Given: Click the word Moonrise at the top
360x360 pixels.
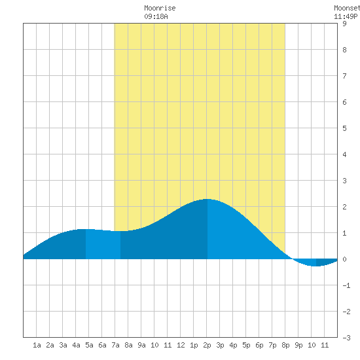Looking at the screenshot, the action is (x=160, y=8).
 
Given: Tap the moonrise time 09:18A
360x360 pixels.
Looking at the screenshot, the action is (x=156, y=16).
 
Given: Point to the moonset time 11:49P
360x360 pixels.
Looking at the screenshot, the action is (x=346, y=16).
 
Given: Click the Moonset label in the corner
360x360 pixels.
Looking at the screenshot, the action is (x=347, y=8).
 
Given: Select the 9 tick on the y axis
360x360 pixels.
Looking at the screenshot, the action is (x=344, y=24).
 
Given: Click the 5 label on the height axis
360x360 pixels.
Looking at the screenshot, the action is (x=344, y=128).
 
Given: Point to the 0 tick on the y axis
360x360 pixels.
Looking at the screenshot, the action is (x=344, y=259).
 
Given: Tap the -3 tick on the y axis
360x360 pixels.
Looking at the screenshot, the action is (x=346, y=338).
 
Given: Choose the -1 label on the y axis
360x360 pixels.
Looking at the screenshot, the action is (x=346, y=285).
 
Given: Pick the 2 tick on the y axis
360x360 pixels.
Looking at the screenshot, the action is (x=344, y=207).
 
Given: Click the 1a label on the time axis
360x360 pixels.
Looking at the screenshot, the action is (x=37, y=345).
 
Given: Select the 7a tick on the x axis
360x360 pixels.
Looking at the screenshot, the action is (x=115, y=345).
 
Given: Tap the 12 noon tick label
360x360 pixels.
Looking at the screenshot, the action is (x=181, y=345).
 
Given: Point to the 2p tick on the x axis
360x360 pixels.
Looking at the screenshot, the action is (x=207, y=345).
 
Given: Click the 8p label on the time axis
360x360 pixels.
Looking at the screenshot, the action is (x=285, y=345).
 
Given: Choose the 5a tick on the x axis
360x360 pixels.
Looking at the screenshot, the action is (x=89, y=345).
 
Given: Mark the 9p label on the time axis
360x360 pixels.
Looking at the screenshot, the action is (x=298, y=345).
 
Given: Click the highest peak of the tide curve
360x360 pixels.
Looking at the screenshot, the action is (x=207, y=199).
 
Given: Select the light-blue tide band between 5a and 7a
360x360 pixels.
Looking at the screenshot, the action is (x=103, y=244).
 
